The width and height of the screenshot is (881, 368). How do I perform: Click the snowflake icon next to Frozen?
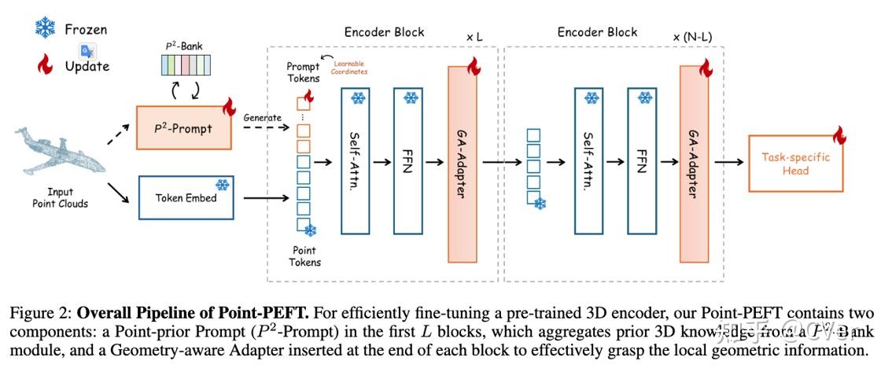[44, 29]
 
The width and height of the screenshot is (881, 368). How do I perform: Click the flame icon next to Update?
[45, 66]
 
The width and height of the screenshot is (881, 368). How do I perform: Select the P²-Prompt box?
[185, 128]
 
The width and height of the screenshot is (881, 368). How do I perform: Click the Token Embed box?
[185, 197]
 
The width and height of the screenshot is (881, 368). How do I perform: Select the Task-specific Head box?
[795, 163]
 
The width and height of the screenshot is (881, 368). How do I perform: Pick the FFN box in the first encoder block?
[409, 161]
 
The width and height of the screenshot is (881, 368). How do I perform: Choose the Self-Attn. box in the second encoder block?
[588, 161]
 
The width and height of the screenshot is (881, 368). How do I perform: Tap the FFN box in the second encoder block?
[640, 161]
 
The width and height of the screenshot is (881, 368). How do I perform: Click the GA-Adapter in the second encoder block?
[694, 164]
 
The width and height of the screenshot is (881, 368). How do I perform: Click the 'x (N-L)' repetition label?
[693, 37]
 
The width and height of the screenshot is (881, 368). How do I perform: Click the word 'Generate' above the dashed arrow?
[262, 117]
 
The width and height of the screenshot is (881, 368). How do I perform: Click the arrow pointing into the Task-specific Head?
[728, 163]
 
